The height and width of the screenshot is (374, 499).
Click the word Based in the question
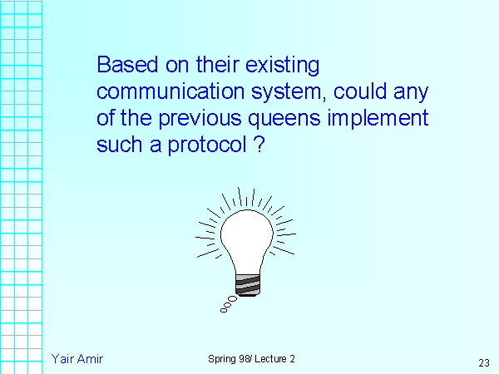[x=127, y=65]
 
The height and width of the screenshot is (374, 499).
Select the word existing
[x=282, y=66]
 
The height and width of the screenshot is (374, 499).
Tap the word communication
[x=170, y=91]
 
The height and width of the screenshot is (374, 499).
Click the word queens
[x=284, y=120]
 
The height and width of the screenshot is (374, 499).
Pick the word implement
[x=378, y=119]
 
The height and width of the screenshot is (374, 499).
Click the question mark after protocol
[x=259, y=145]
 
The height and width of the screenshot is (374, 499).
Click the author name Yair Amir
[x=77, y=359]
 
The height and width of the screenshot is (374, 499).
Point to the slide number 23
[x=484, y=362]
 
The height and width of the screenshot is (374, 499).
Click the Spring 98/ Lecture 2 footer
[x=251, y=359]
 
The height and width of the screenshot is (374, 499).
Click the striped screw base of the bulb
[x=248, y=285]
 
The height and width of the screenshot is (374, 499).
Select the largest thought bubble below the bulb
[x=233, y=299]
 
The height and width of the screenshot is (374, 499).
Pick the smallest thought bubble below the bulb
[x=224, y=310]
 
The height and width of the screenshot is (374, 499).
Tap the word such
[x=119, y=145]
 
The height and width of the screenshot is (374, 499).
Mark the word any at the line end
[x=411, y=93]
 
